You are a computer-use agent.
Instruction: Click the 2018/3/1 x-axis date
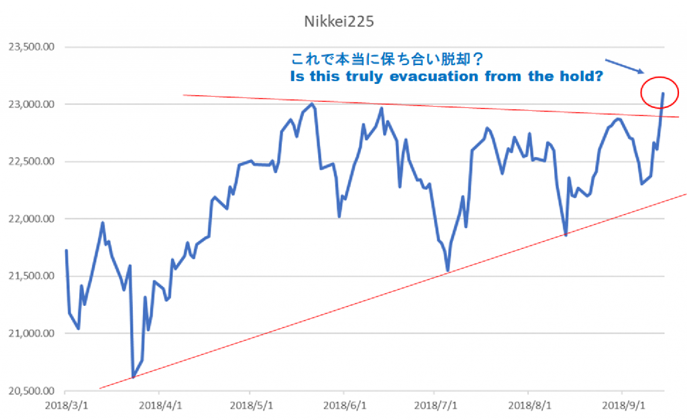point(65,406)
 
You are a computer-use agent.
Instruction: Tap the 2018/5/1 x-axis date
point(250,406)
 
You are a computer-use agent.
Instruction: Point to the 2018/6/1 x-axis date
point(343,406)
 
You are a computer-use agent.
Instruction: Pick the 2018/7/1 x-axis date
point(435,406)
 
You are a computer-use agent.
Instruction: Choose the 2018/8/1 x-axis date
point(528,406)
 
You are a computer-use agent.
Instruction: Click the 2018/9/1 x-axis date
point(621,406)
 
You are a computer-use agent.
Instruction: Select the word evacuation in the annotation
point(439,76)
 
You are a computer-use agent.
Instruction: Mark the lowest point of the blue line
point(133,377)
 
